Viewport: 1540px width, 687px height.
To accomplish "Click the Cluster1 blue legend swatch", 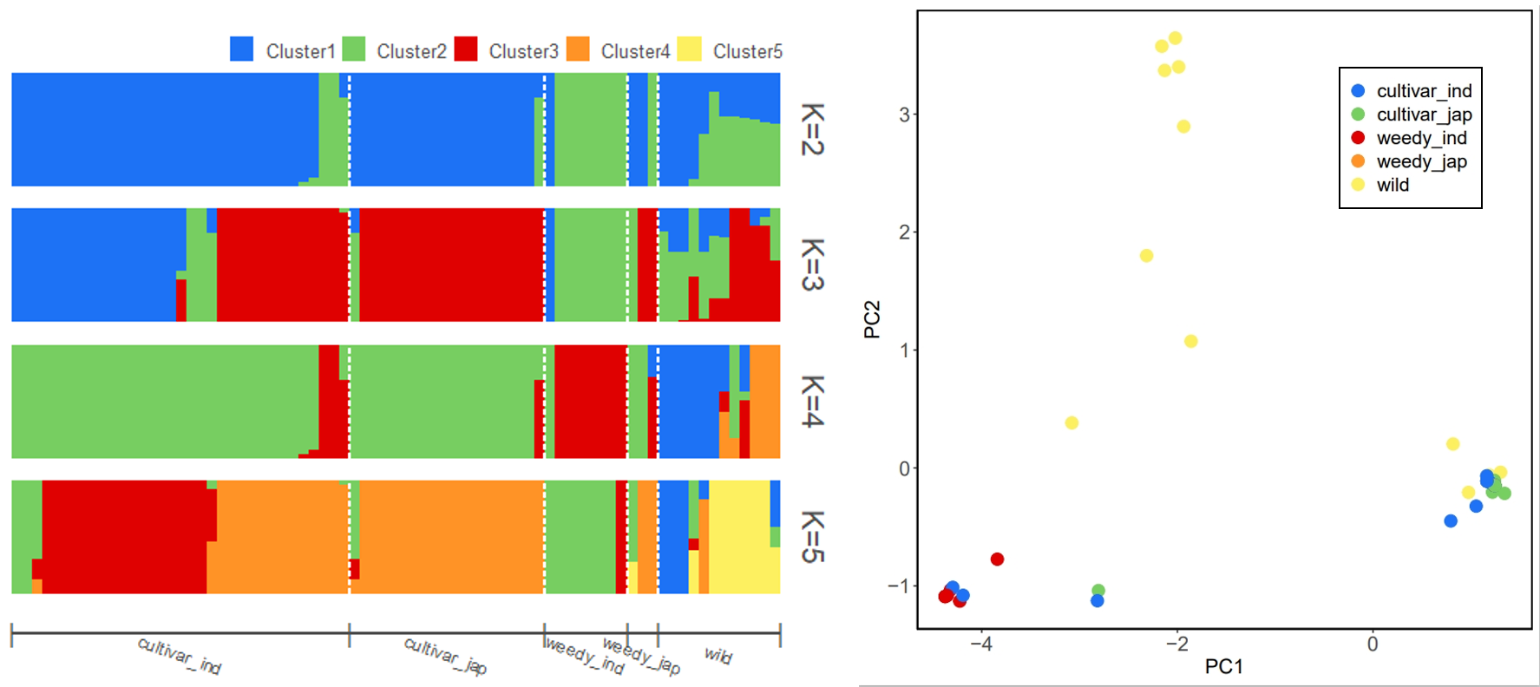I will [241, 49].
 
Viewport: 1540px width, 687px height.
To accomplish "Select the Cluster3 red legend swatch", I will [466, 49].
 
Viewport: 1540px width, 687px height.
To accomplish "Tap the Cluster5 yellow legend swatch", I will [689, 49].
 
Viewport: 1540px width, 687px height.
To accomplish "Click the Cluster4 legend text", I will [635, 52].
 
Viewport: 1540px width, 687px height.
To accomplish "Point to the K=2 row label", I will [812, 129].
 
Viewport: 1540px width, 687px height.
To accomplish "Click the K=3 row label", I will [812, 265].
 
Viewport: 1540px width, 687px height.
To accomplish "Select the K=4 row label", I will [812, 401].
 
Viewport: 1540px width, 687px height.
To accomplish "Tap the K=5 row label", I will [812, 536].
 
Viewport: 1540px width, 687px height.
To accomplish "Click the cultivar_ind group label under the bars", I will [180, 656].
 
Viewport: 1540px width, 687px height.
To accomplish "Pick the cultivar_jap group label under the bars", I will [445, 656].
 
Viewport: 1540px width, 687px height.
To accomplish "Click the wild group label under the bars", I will [718, 655].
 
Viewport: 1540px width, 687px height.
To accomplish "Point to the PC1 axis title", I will [1223, 666].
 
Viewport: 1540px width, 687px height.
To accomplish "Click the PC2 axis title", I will [872, 318].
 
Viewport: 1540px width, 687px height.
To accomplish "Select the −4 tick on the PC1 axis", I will [980, 644].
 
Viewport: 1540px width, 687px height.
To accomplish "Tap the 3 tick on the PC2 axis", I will [904, 114].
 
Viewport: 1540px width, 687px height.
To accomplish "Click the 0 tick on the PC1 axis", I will [1372, 644].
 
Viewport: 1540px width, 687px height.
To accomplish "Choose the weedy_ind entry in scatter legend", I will [1421, 138].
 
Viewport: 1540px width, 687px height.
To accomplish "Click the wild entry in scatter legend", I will [1393, 185].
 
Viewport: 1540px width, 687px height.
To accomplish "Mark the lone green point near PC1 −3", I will [1098, 591].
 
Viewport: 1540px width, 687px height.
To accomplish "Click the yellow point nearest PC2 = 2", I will [1146, 256].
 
